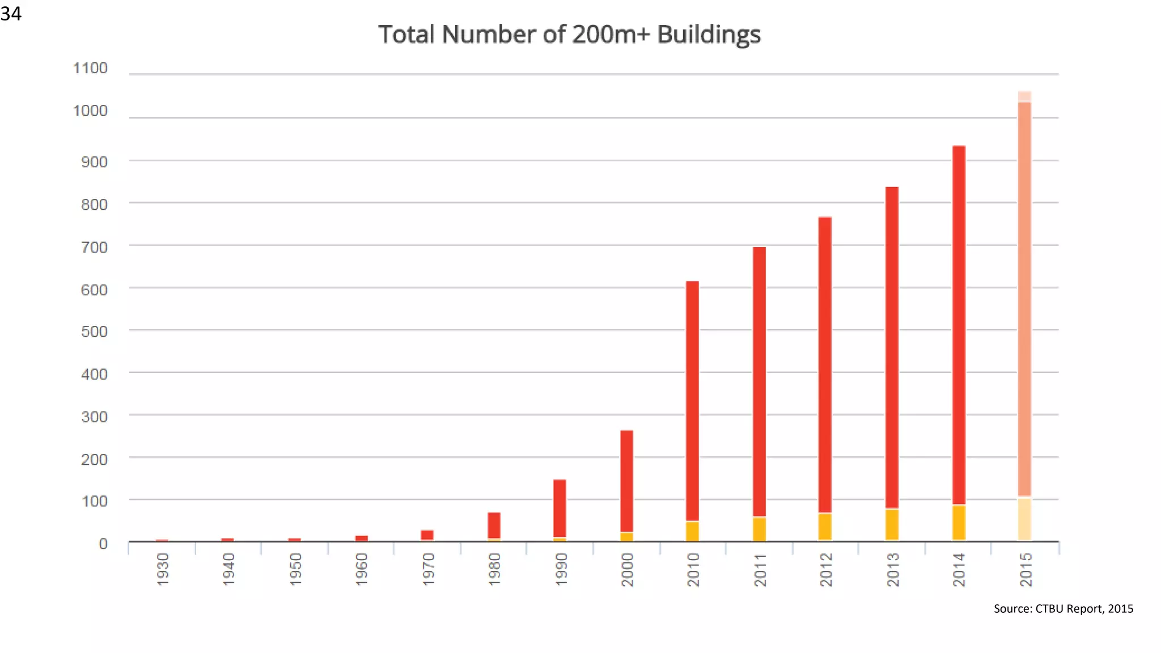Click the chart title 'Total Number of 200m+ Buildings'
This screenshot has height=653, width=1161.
[569, 35]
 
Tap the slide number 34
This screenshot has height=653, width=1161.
[11, 13]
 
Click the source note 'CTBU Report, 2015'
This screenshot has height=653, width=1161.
[1063, 609]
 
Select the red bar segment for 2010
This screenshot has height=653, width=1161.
[692, 401]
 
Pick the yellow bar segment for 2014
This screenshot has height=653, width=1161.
[959, 522]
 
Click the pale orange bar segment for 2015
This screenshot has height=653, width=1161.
[1024, 299]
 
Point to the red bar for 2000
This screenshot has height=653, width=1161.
[626, 481]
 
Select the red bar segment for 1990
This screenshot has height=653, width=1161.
[560, 508]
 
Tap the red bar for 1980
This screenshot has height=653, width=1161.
[494, 525]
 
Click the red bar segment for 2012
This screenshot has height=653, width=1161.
[825, 364]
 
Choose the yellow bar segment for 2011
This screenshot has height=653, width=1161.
[759, 528]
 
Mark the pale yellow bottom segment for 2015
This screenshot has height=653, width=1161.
[1024, 519]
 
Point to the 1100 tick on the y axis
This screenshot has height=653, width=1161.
[90, 69]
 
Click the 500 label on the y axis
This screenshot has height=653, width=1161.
[94, 332]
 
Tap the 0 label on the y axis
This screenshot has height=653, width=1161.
[103, 544]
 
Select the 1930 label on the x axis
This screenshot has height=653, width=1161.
[163, 569]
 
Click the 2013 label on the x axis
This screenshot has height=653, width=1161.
[892, 569]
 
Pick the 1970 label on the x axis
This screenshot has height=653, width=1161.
[428, 569]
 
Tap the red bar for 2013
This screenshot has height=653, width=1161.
[892, 347]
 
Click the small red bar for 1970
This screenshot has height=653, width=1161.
[427, 535]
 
